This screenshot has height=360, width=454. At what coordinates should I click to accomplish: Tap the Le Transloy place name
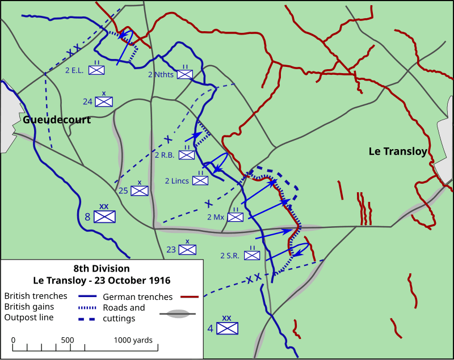pos(397,151)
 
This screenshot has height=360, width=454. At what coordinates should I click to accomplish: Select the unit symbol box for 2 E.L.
pos(98,70)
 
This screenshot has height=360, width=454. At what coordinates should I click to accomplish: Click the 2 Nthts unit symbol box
pos(185,74)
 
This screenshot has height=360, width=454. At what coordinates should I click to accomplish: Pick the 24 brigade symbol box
pos(104,101)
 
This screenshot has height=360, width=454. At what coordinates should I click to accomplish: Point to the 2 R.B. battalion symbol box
pos(187,155)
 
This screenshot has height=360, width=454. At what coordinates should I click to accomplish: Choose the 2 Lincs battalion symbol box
pos(200,180)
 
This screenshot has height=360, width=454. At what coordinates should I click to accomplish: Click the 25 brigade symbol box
pos(139,190)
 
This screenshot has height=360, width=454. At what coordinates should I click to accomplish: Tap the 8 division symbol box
pos(104,217)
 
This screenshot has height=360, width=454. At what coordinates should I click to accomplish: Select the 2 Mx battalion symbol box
pos(235,217)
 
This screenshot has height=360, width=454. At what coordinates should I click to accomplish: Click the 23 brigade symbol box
pos(188,249)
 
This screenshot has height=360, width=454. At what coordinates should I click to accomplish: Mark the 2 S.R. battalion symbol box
pos(252,255)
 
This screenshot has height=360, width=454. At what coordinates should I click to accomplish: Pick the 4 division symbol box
pos(227,328)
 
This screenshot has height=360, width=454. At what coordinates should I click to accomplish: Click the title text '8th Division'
pos(101,268)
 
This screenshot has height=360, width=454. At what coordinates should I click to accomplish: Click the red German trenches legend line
pos(188,297)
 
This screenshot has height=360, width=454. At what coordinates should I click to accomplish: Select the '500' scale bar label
pos(67,340)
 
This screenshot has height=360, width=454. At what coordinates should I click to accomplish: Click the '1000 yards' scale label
pos(133,340)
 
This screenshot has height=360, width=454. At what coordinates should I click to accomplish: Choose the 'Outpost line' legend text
pos(28,317)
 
